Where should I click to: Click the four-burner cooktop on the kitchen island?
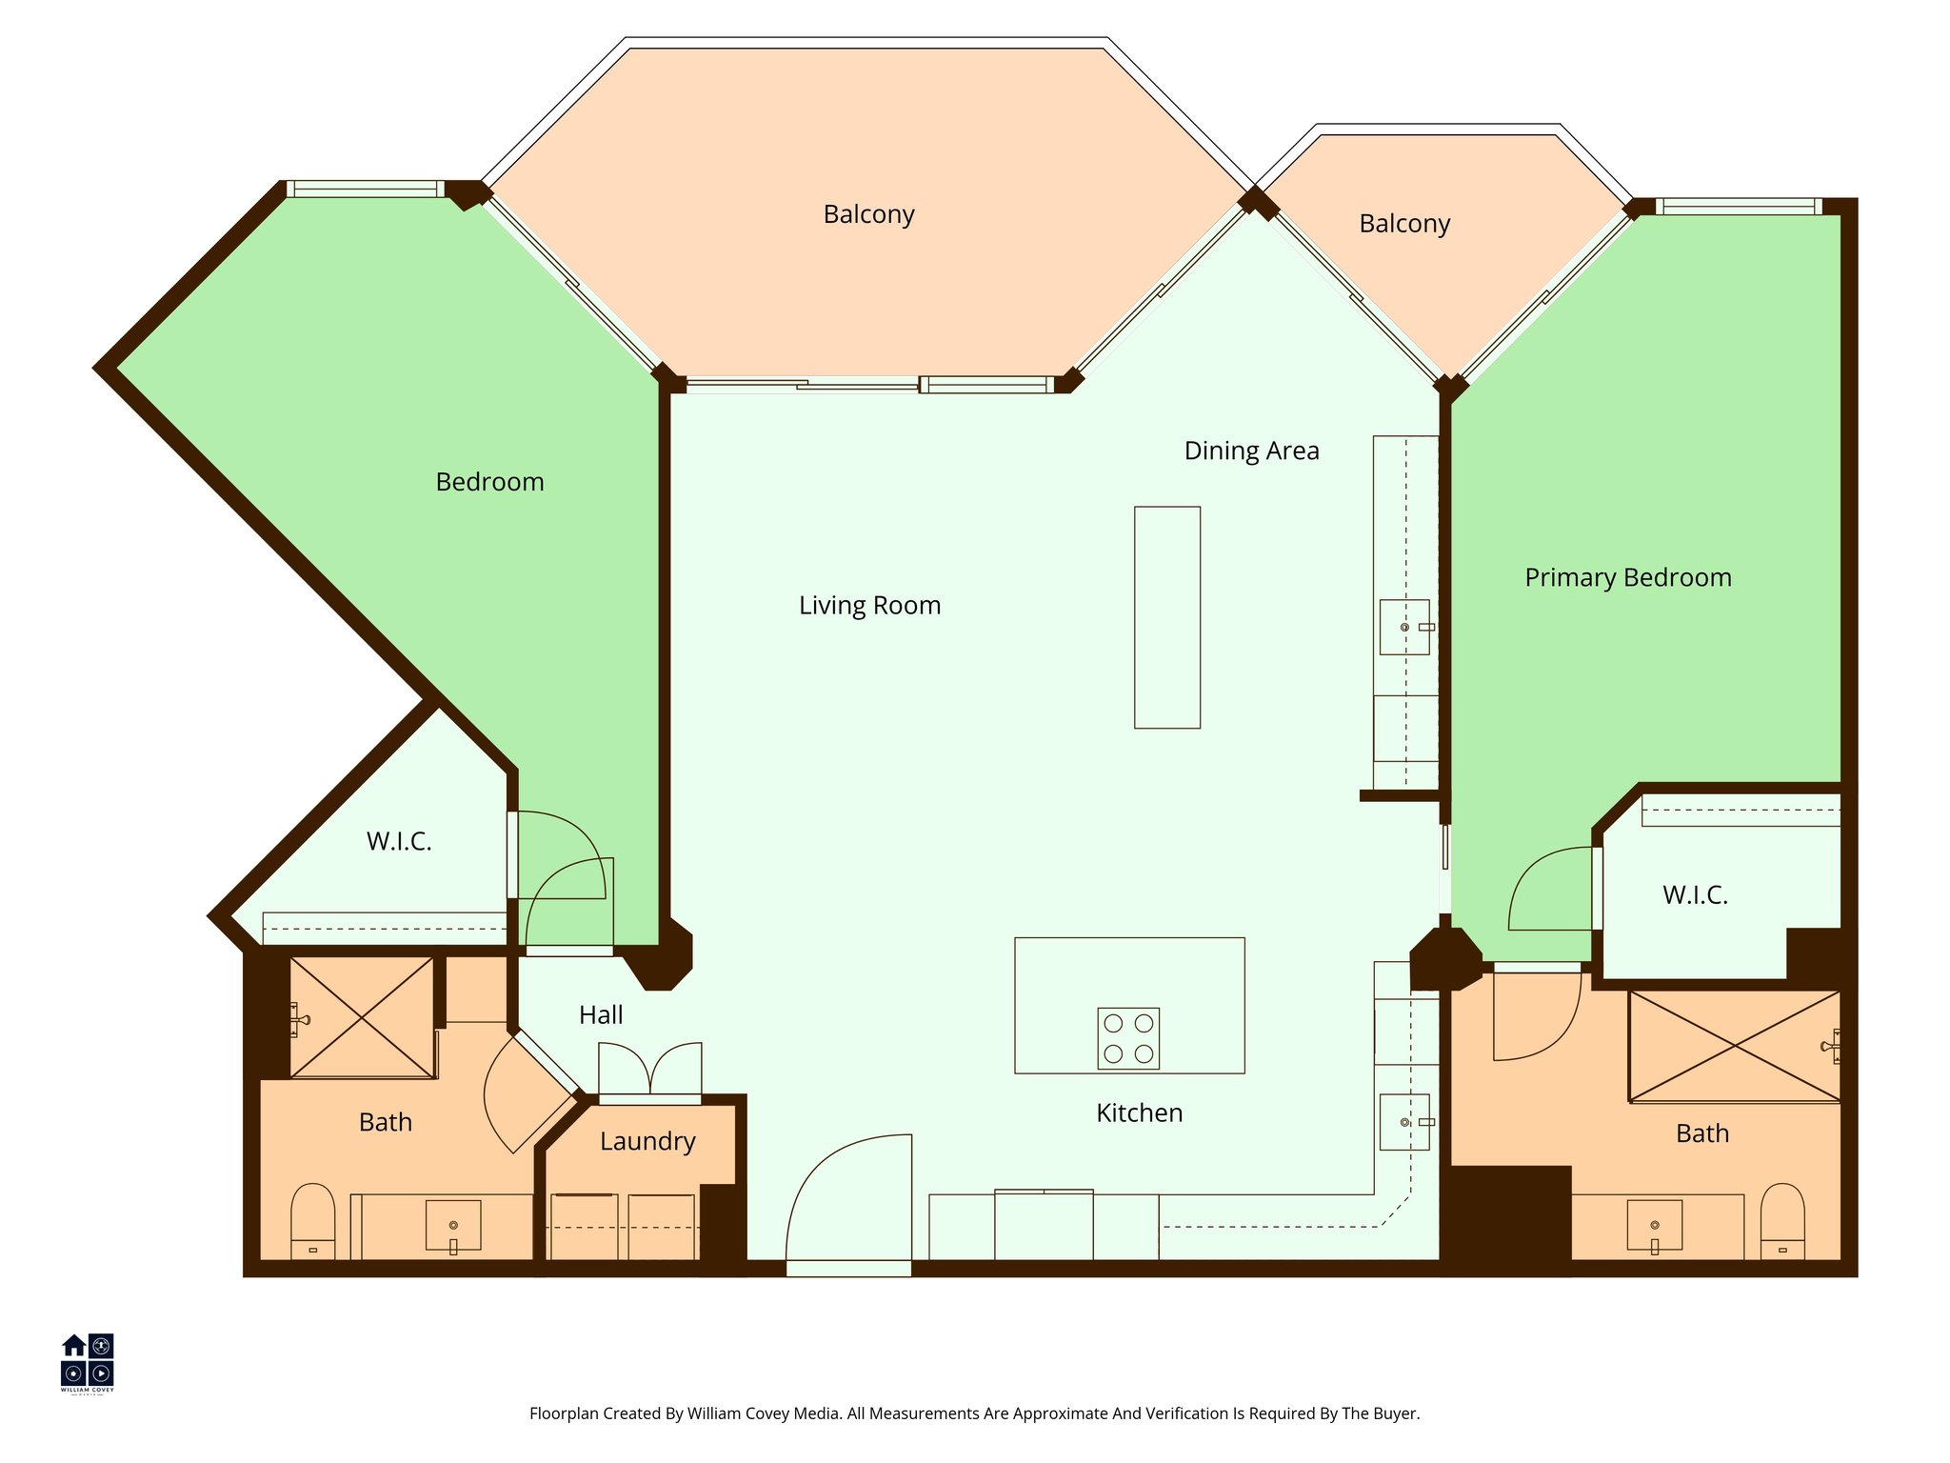pos(1128,1038)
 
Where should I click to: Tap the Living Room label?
pos(869,606)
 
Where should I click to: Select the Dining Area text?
pos(1251,451)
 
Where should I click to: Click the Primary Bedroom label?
pos(1627,578)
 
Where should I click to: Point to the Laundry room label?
pos(647,1141)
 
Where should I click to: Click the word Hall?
pos(601,1015)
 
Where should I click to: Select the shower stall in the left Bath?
pos(362,1018)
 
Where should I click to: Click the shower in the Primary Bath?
pos(1734,1047)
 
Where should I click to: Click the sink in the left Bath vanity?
pos(453,1225)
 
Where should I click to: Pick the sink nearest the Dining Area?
pos(1404,627)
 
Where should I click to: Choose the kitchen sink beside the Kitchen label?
pos(1404,1122)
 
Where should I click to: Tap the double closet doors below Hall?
pos(650,1070)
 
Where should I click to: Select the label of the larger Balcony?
pos(868,215)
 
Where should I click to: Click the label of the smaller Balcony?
pos(1404,225)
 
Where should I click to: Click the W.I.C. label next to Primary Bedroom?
pos(1695,895)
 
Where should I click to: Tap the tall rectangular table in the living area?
pos(1166,617)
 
